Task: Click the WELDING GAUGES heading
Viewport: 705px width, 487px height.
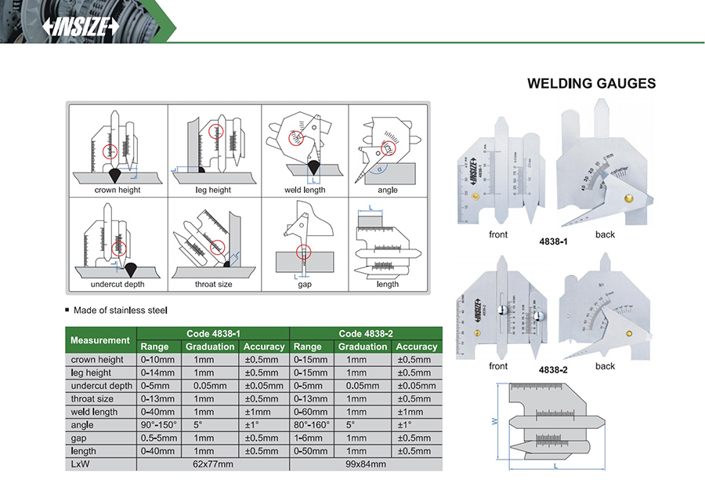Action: (591, 83)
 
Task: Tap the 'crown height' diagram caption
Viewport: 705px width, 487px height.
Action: (118, 190)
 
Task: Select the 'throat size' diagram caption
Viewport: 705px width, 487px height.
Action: (213, 284)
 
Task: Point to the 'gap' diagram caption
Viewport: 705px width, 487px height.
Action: (304, 284)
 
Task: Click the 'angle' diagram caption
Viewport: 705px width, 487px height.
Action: (387, 190)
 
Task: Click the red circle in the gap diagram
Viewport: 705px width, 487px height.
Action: (303, 252)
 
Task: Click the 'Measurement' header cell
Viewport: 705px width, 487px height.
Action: (100, 340)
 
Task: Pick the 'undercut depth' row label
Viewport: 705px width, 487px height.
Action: (101, 386)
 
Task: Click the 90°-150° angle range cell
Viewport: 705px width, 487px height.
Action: (158, 424)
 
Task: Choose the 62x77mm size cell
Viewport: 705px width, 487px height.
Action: (213, 463)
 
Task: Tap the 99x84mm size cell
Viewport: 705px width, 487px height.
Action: (366, 463)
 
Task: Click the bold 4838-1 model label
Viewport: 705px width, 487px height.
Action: (553, 242)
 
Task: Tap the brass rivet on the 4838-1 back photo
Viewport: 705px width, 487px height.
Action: (627, 200)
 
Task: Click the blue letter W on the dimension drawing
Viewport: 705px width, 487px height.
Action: (495, 422)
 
